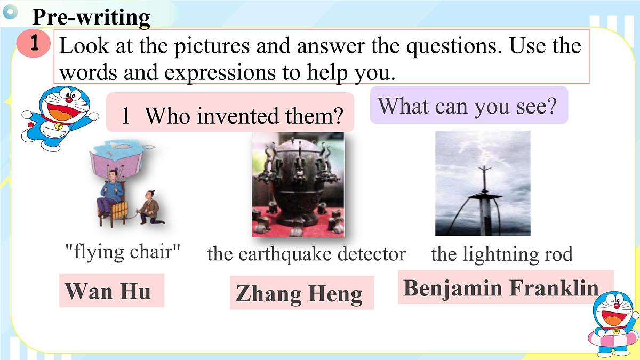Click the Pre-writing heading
tap(91, 17)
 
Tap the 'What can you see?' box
tap(468, 106)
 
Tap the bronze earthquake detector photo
tap(298, 184)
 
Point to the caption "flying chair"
tap(122, 251)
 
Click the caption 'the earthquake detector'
tap(306, 254)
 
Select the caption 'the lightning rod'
tap(501, 254)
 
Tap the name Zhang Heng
tap(299, 294)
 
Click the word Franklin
tap(554, 288)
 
